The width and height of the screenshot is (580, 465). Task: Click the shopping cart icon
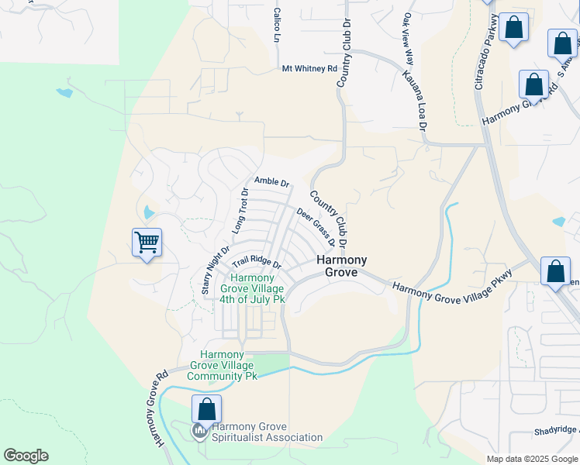[147, 243]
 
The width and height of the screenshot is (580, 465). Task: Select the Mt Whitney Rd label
[310, 68]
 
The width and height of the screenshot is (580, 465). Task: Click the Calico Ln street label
[276, 26]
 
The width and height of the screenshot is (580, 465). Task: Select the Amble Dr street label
[271, 182]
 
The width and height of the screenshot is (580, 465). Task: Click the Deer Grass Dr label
[316, 226]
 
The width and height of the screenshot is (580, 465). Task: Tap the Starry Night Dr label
[216, 270]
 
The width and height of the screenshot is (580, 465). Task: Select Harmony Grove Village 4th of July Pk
[252, 288]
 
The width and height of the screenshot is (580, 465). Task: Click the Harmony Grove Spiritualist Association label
[267, 432]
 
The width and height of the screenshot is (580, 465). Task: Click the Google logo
[26, 456]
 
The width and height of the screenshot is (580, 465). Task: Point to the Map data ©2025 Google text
[532, 459]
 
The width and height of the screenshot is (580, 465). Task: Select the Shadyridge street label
[554, 431]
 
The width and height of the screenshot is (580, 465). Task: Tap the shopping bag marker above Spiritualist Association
[207, 408]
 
